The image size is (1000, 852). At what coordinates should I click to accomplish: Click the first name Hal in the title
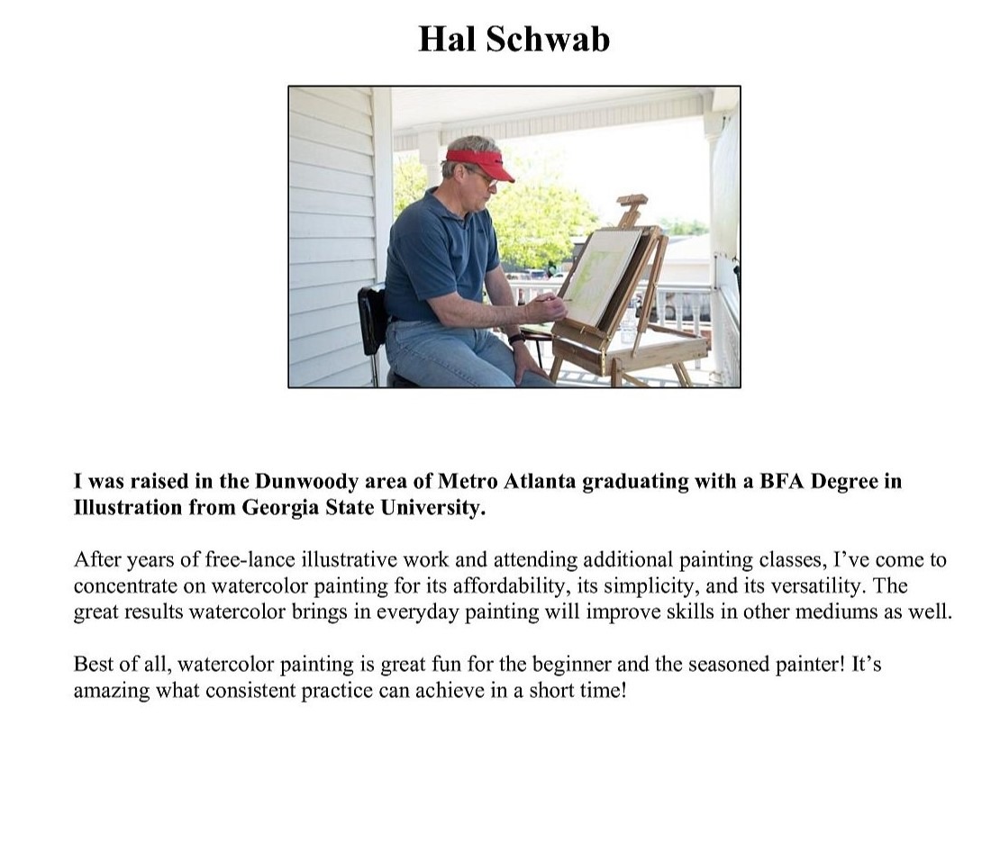coord(448,40)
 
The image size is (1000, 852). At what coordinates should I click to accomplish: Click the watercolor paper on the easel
coord(599,276)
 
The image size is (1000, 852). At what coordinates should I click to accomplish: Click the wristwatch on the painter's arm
coord(516,340)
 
